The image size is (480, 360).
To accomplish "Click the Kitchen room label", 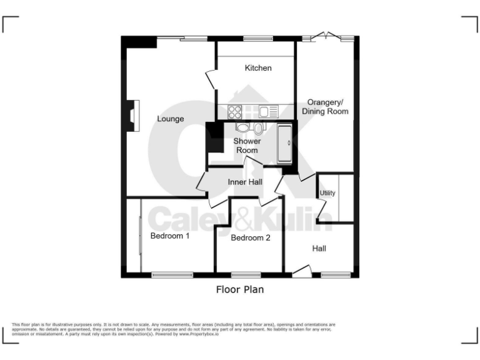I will [x=257, y=67].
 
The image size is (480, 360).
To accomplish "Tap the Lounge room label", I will [x=170, y=119].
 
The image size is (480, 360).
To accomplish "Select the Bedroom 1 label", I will [x=169, y=236].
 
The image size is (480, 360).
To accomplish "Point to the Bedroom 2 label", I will [x=250, y=238].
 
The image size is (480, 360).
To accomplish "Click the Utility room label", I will [x=327, y=193].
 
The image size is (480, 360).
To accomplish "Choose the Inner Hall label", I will [x=244, y=182].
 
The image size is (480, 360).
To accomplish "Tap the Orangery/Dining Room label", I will [x=325, y=106].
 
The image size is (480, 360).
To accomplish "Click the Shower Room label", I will [x=247, y=146].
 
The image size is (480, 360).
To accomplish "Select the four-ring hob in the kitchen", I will [x=235, y=112].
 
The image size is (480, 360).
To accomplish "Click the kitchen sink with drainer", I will [x=268, y=112].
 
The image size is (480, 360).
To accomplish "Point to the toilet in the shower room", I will [x=258, y=129].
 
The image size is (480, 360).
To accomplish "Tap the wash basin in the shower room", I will [x=242, y=127].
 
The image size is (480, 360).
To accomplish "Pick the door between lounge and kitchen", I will [x=209, y=80].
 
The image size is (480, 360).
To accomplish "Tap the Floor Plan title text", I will [x=240, y=289].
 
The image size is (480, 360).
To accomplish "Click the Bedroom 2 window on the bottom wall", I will [x=245, y=274].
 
